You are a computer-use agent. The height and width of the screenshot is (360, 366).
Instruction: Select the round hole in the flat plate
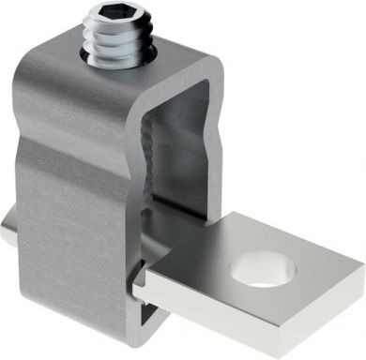[x=263, y=268]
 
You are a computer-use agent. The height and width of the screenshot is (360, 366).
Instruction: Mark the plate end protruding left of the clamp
[x=8, y=230]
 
